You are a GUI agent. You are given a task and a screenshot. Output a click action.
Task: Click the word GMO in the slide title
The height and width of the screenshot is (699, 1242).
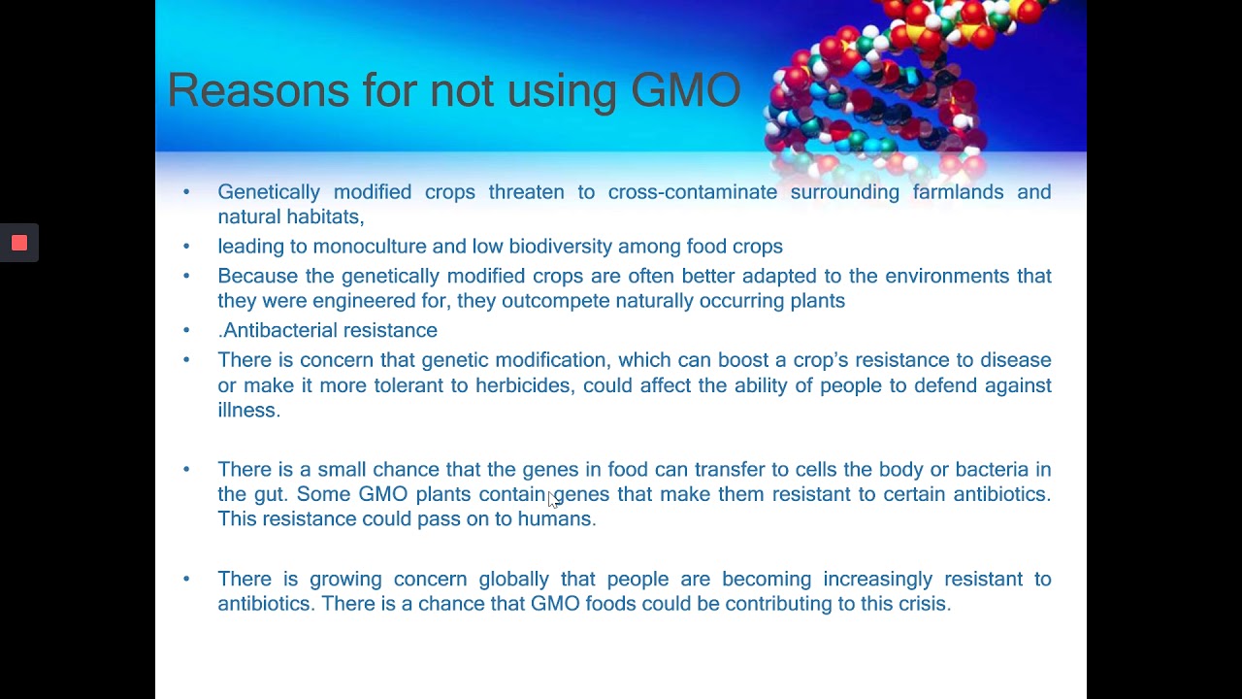click(x=685, y=90)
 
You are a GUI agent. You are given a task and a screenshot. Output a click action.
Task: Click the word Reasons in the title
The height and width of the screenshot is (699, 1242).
click(x=258, y=90)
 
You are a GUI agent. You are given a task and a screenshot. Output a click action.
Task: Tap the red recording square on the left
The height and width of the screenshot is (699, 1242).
click(x=19, y=243)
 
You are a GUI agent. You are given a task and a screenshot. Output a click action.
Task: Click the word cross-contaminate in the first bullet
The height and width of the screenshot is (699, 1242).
click(x=692, y=191)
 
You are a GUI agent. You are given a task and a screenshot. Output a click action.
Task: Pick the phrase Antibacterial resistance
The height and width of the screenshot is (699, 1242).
click(x=329, y=331)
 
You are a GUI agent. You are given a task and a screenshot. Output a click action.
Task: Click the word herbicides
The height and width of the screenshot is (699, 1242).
click(x=522, y=385)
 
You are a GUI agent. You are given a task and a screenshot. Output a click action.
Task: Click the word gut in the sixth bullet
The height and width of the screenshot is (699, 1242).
click(x=269, y=495)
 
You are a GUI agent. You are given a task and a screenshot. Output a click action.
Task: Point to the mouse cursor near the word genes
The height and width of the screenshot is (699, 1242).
click(x=552, y=498)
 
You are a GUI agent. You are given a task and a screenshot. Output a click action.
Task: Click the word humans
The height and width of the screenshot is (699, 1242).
click(x=554, y=519)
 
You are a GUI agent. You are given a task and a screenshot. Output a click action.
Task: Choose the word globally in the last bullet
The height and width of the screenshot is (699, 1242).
click(x=513, y=580)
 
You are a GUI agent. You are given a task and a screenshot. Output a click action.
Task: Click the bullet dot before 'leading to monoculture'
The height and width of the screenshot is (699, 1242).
click(x=186, y=247)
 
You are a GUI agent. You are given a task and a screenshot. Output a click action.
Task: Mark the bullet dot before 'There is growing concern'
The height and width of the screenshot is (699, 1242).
click(x=186, y=579)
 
